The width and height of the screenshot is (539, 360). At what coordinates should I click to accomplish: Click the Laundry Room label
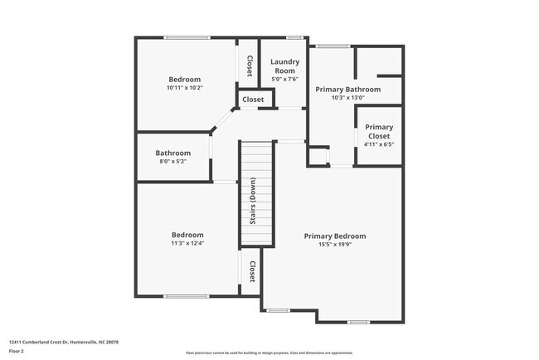[x=284, y=66]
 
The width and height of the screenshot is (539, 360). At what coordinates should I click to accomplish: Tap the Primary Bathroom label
[x=347, y=89]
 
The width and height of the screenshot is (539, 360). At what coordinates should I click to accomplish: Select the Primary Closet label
[x=379, y=132]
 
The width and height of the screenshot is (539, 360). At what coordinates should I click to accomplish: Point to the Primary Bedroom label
[x=334, y=236]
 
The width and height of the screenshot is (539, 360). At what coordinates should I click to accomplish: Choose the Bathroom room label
[x=172, y=153]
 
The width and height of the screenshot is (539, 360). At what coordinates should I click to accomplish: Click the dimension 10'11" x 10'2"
[x=184, y=87]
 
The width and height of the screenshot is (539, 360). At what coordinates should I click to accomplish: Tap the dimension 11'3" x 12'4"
[x=187, y=243]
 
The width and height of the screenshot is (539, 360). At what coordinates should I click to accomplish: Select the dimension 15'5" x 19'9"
[x=334, y=245]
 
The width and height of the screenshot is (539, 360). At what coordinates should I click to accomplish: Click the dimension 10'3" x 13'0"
[x=347, y=97]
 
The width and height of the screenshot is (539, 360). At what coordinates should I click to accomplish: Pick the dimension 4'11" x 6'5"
[x=379, y=144]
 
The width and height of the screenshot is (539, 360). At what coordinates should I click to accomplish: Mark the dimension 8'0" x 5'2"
[x=172, y=161]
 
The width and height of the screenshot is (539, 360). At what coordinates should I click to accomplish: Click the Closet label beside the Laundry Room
[x=249, y=66]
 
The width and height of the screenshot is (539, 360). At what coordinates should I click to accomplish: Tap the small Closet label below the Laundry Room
[x=253, y=100]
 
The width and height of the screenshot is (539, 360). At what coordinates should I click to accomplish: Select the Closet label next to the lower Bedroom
[x=251, y=271]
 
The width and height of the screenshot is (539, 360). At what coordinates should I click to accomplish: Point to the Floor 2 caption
[x=17, y=351]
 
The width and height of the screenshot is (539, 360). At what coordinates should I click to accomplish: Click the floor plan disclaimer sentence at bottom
[x=269, y=352]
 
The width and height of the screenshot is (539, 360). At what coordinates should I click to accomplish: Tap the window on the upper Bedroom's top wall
[x=187, y=37]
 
